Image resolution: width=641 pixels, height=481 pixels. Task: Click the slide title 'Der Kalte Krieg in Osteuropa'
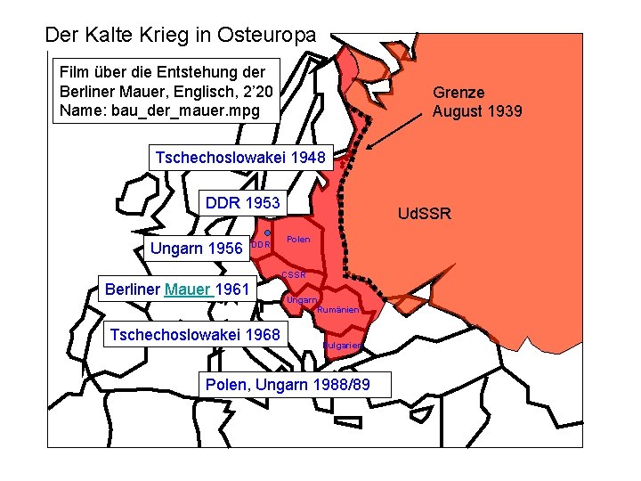tap(180, 36)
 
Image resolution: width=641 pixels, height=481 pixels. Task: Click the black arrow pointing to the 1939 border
tap(396, 129)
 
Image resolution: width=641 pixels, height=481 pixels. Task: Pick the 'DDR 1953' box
tap(242, 202)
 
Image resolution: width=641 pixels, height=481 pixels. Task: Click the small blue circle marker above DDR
tap(267, 232)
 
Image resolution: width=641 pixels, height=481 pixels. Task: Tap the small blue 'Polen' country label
tap(298, 240)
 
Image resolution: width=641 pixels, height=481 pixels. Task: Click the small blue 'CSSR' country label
tap(293, 275)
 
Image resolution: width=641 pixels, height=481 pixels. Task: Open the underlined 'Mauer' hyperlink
tap(188, 289)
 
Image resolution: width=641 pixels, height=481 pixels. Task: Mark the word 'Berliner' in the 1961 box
tap(133, 289)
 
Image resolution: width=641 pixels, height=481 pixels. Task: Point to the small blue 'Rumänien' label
tap(338, 310)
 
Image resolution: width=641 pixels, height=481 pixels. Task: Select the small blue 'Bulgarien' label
tap(341, 346)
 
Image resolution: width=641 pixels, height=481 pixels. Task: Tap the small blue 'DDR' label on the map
tap(259, 245)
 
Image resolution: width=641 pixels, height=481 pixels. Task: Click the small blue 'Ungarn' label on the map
tap(301, 300)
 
